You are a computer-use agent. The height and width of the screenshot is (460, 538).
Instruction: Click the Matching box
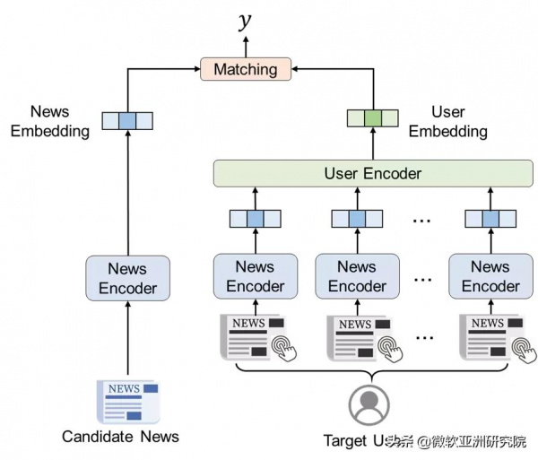pos(246,69)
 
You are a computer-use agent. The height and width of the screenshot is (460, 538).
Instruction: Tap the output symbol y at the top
pos(245,21)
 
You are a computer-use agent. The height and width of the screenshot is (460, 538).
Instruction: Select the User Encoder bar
pos(372,173)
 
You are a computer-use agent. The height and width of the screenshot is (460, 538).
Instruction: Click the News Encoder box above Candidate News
pos(126,278)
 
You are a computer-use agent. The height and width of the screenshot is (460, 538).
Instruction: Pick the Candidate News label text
pos(120,437)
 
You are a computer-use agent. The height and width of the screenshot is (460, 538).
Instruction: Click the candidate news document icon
pos(126,401)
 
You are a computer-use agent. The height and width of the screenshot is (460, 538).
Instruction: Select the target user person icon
pos(369,404)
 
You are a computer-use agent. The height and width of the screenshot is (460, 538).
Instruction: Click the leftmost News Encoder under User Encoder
pos(255,276)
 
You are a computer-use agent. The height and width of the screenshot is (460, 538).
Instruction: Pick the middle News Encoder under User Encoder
pos(357,276)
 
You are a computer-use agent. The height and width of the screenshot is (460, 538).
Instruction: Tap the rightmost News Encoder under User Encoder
pos(490,276)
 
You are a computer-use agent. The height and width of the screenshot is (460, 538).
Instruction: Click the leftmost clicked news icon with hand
pos(255,336)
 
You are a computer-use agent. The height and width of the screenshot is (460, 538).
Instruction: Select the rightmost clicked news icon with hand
pos(490,336)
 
